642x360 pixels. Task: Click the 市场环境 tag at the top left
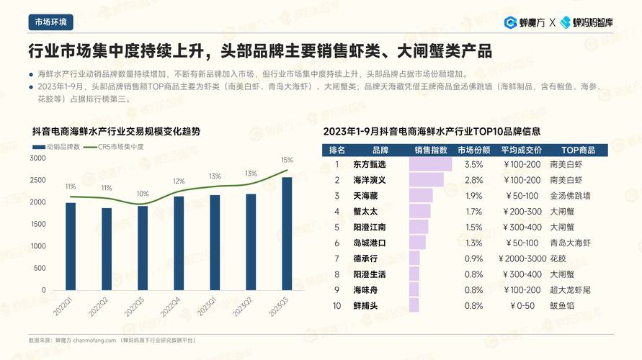tap(50, 22)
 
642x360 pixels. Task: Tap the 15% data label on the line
tap(287, 160)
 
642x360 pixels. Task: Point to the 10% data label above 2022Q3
tap(143, 194)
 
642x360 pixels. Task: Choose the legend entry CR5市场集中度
tap(115, 147)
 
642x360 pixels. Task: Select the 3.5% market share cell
tap(473, 164)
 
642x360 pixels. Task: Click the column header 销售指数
tap(430, 150)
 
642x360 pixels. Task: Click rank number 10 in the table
tap(336, 305)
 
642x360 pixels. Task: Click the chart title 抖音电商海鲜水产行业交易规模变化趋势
tap(116, 132)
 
